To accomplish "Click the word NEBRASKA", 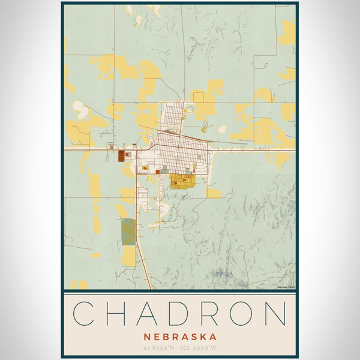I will point(179,337).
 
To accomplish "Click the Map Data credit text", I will point(286,287).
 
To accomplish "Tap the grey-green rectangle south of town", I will point(128,232).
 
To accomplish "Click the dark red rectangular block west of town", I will point(121,156).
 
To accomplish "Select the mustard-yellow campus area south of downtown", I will point(182,181).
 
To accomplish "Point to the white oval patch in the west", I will point(80,109).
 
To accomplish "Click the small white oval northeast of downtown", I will point(222,128).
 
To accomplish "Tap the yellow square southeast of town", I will point(214,193).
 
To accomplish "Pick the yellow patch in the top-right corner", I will point(287,33).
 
